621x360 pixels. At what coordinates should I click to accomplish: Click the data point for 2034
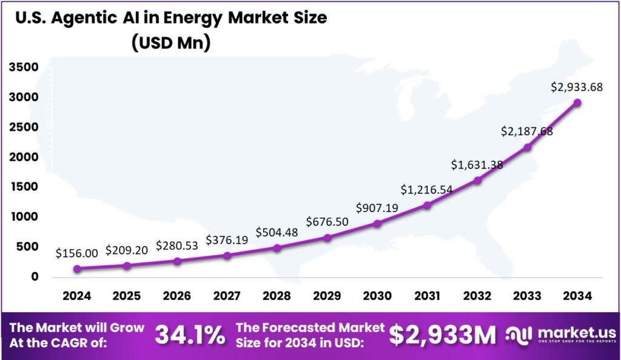577,102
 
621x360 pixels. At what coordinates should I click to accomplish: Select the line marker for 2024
77,269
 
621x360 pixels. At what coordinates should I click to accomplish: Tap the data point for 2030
377,224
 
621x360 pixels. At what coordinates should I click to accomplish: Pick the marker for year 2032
477,180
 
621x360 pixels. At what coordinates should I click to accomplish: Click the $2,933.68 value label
577,87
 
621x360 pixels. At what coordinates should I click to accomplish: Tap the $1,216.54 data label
426,190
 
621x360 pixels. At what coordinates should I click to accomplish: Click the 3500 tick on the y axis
24,67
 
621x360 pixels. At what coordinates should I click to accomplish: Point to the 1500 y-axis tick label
24,187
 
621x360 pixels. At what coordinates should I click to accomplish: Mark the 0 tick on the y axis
35,276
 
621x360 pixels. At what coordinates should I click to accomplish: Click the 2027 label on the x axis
227,296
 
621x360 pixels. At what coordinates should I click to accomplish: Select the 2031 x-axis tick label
427,296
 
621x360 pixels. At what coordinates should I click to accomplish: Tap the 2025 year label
127,296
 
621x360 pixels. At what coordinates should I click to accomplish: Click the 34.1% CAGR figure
190,335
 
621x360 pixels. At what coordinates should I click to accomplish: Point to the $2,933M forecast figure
442,335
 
